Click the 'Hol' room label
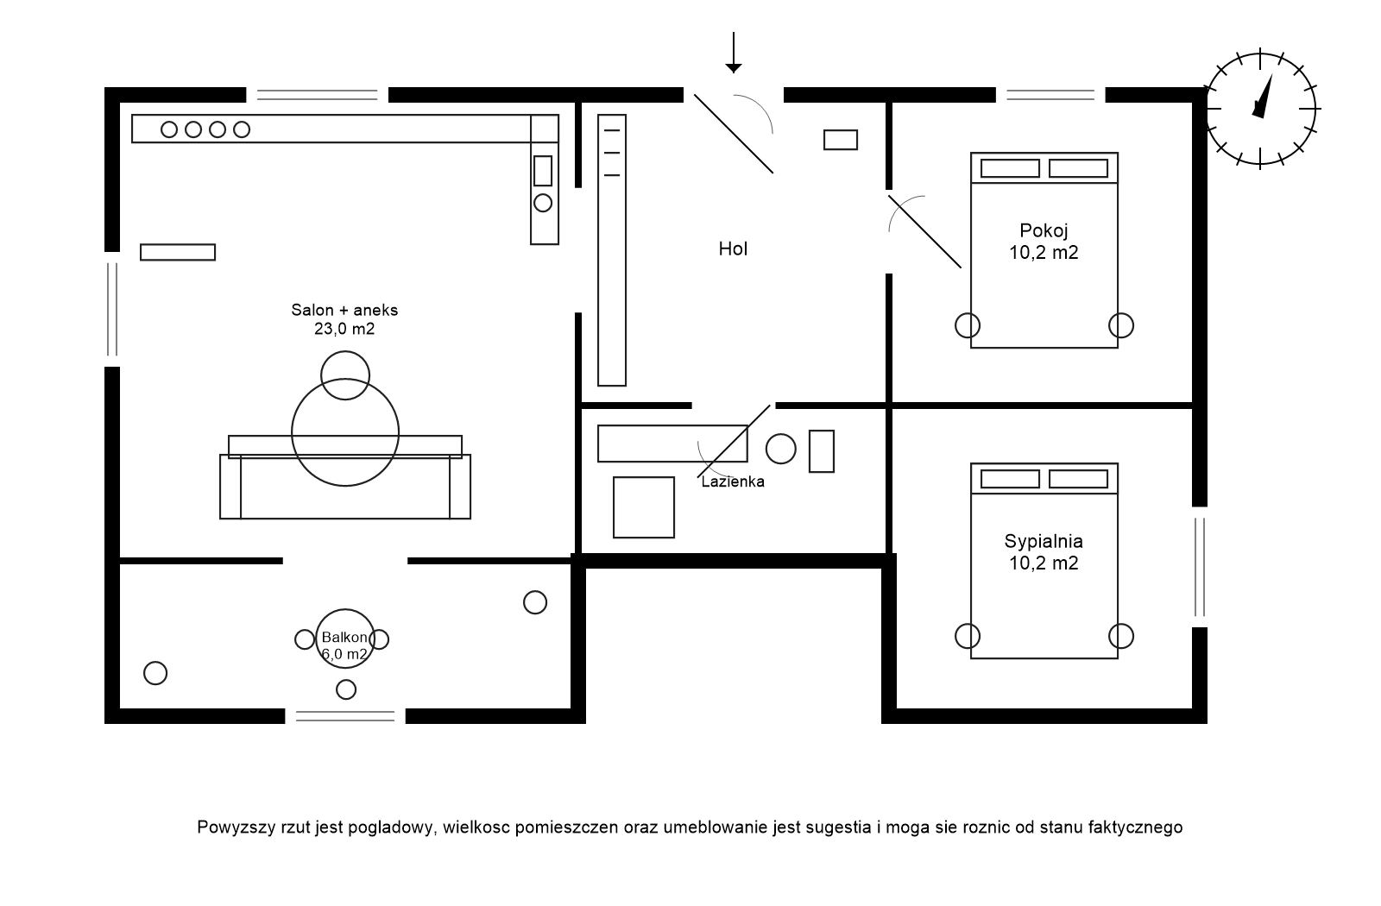pyautogui.click(x=733, y=249)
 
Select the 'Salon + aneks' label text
pyautogui.click(x=344, y=310)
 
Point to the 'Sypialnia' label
pyautogui.click(x=1044, y=542)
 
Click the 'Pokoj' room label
pyautogui.click(x=1044, y=231)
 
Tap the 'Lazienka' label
pyautogui.click(x=733, y=482)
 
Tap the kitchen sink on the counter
pyautogui.click(x=543, y=171)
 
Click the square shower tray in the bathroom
pyautogui.click(x=644, y=507)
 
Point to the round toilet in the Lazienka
pyautogui.click(x=781, y=449)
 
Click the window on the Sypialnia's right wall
pyautogui.click(x=1200, y=567)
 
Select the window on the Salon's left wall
pyautogui.click(x=111, y=309)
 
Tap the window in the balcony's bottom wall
pyautogui.click(x=345, y=715)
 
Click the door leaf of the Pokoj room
pyautogui.click(x=925, y=231)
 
